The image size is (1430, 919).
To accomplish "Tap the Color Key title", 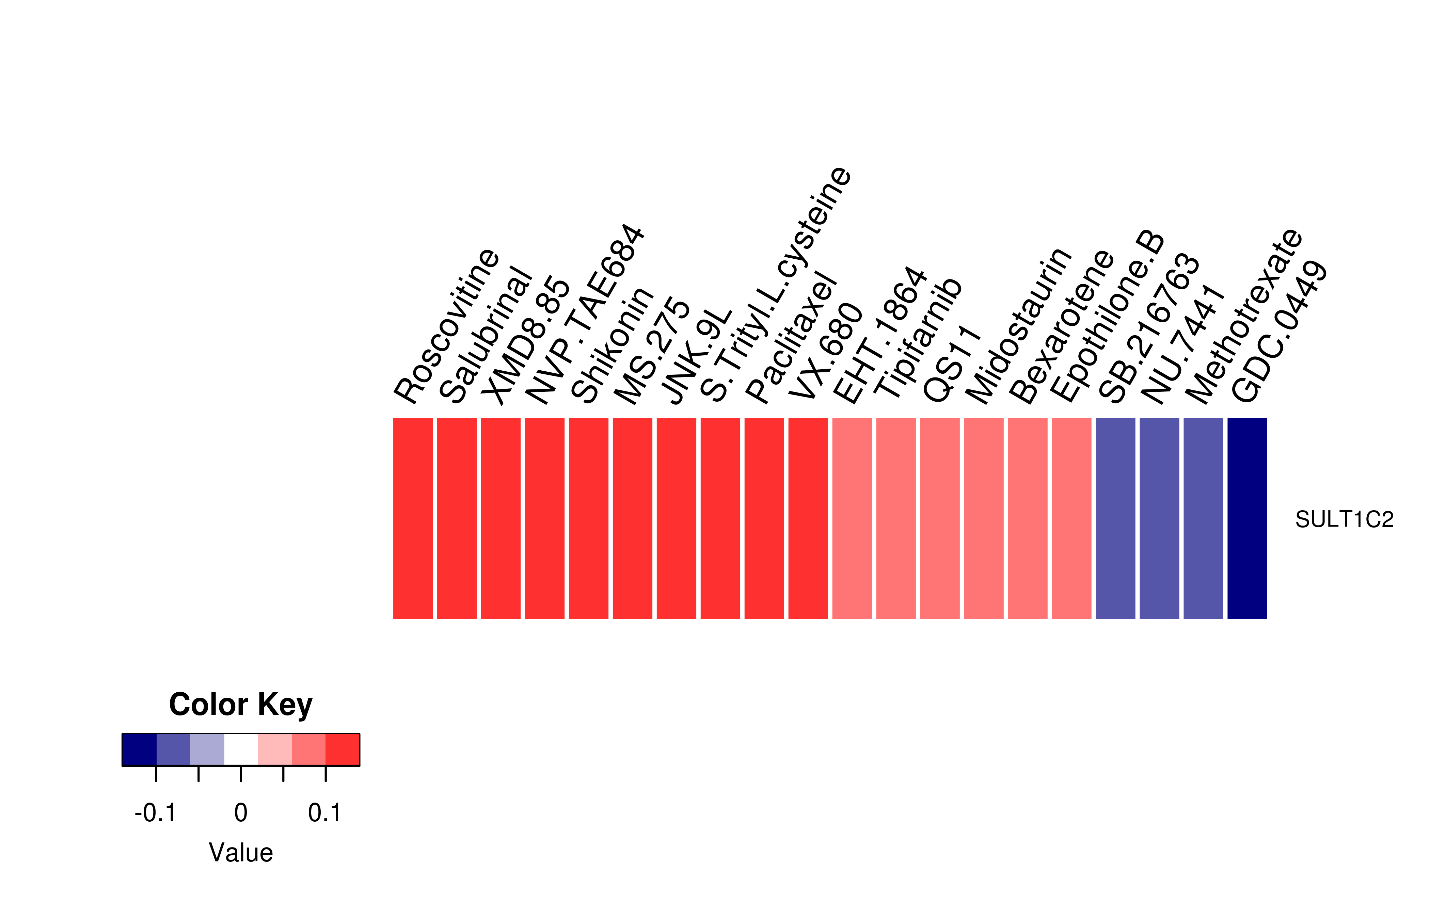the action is pyautogui.click(x=240, y=705).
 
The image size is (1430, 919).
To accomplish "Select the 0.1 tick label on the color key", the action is pyautogui.click(x=325, y=813).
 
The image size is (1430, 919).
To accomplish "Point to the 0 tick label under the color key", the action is pyautogui.click(x=240, y=813).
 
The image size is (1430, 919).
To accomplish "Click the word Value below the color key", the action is pyautogui.click(x=240, y=853).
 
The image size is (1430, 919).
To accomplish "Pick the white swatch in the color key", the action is pyautogui.click(x=241, y=749).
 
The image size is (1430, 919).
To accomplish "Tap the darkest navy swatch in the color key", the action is pyautogui.click(x=139, y=749).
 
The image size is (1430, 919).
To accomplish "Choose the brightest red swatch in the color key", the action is pyautogui.click(x=343, y=749).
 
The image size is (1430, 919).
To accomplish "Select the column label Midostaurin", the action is pyautogui.click(x=1019, y=326).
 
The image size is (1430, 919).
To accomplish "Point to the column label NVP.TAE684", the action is pyautogui.click(x=585, y=315).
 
